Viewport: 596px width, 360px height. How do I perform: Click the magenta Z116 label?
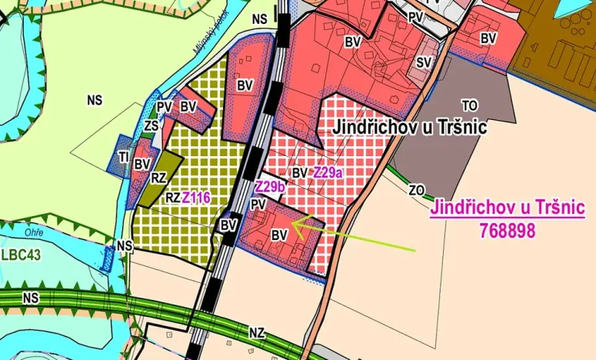coord(196,198)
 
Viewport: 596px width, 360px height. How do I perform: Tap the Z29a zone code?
coord(327,173)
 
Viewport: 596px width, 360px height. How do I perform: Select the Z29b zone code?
coord(270,188)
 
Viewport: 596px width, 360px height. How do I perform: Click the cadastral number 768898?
coord(508,229)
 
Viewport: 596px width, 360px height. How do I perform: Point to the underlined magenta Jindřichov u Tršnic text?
coord(508,208)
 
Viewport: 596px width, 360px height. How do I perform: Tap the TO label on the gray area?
coord(470,105)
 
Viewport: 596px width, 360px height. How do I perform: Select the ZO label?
coord(416,189)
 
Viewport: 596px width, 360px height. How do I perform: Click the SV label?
coord(423,62)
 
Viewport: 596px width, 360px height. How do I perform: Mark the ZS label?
coord(151,125)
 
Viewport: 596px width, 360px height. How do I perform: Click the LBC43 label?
coord(21,254)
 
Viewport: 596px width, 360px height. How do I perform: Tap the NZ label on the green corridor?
coord(257,333)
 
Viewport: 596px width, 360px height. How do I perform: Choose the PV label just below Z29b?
coord(258,204)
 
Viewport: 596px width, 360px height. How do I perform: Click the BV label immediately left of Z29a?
coord(300,173)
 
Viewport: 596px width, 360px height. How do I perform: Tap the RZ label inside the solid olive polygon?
coord(158,178)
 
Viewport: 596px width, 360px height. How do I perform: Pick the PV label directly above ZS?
coord(164,107)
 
